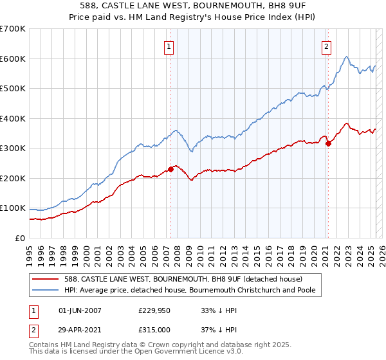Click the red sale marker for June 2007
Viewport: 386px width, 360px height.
171,170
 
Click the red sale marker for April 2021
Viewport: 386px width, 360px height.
328,143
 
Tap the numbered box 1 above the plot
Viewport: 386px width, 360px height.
168,46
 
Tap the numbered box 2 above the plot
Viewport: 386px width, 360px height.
326,46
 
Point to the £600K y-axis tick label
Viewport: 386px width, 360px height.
13,59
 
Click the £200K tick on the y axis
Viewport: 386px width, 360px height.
13,178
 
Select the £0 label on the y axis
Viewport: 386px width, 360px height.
20,238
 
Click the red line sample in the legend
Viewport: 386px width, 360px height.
46,278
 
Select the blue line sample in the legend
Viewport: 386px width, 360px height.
46,290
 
